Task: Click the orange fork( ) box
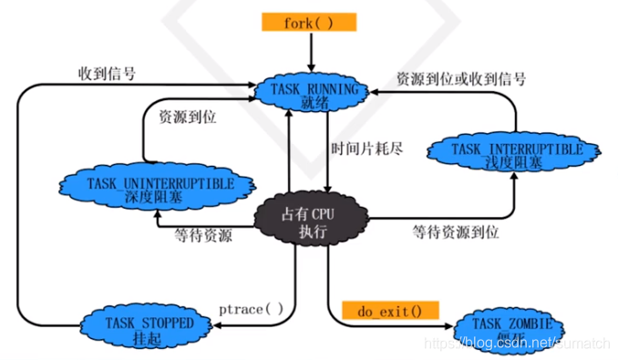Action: pyautogui.click(x=310, y=22)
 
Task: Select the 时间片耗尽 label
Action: pyautogui.click(x=366, y=147)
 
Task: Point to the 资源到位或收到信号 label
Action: pyautogui.click(x=460, y=79)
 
